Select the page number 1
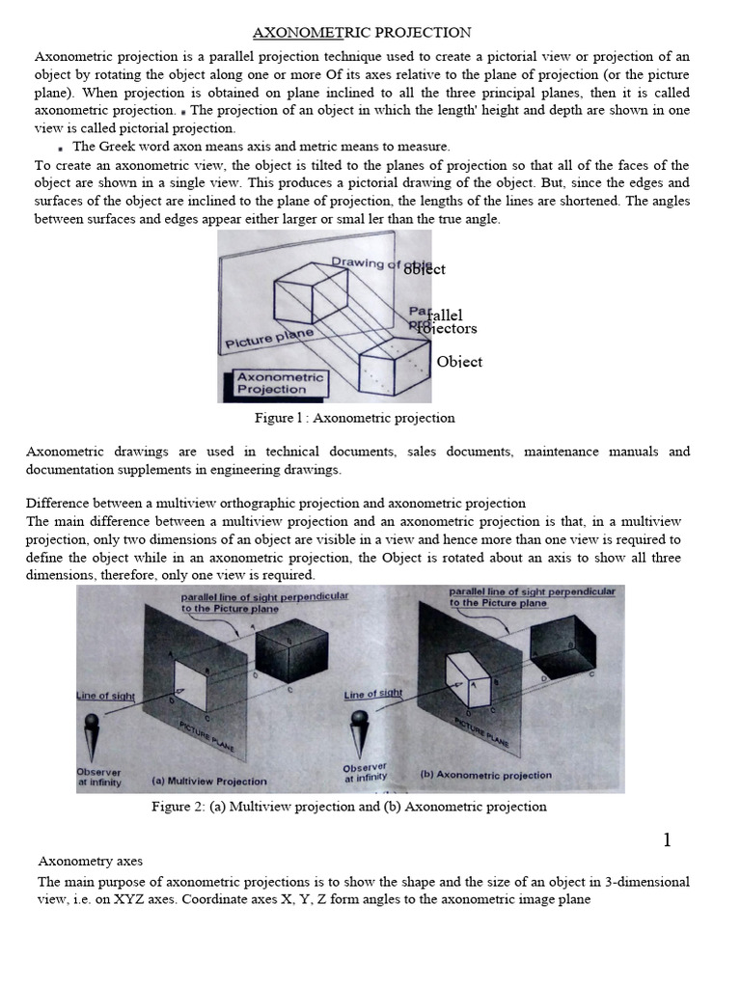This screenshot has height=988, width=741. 667,840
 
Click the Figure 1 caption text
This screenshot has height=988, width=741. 354,418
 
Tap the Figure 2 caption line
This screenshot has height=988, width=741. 349,807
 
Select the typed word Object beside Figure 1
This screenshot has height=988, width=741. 459,362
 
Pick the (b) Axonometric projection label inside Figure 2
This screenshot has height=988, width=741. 486,774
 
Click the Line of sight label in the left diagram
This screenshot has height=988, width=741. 106,695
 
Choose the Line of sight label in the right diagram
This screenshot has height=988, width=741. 373,694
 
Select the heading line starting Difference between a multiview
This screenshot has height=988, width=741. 275,504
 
